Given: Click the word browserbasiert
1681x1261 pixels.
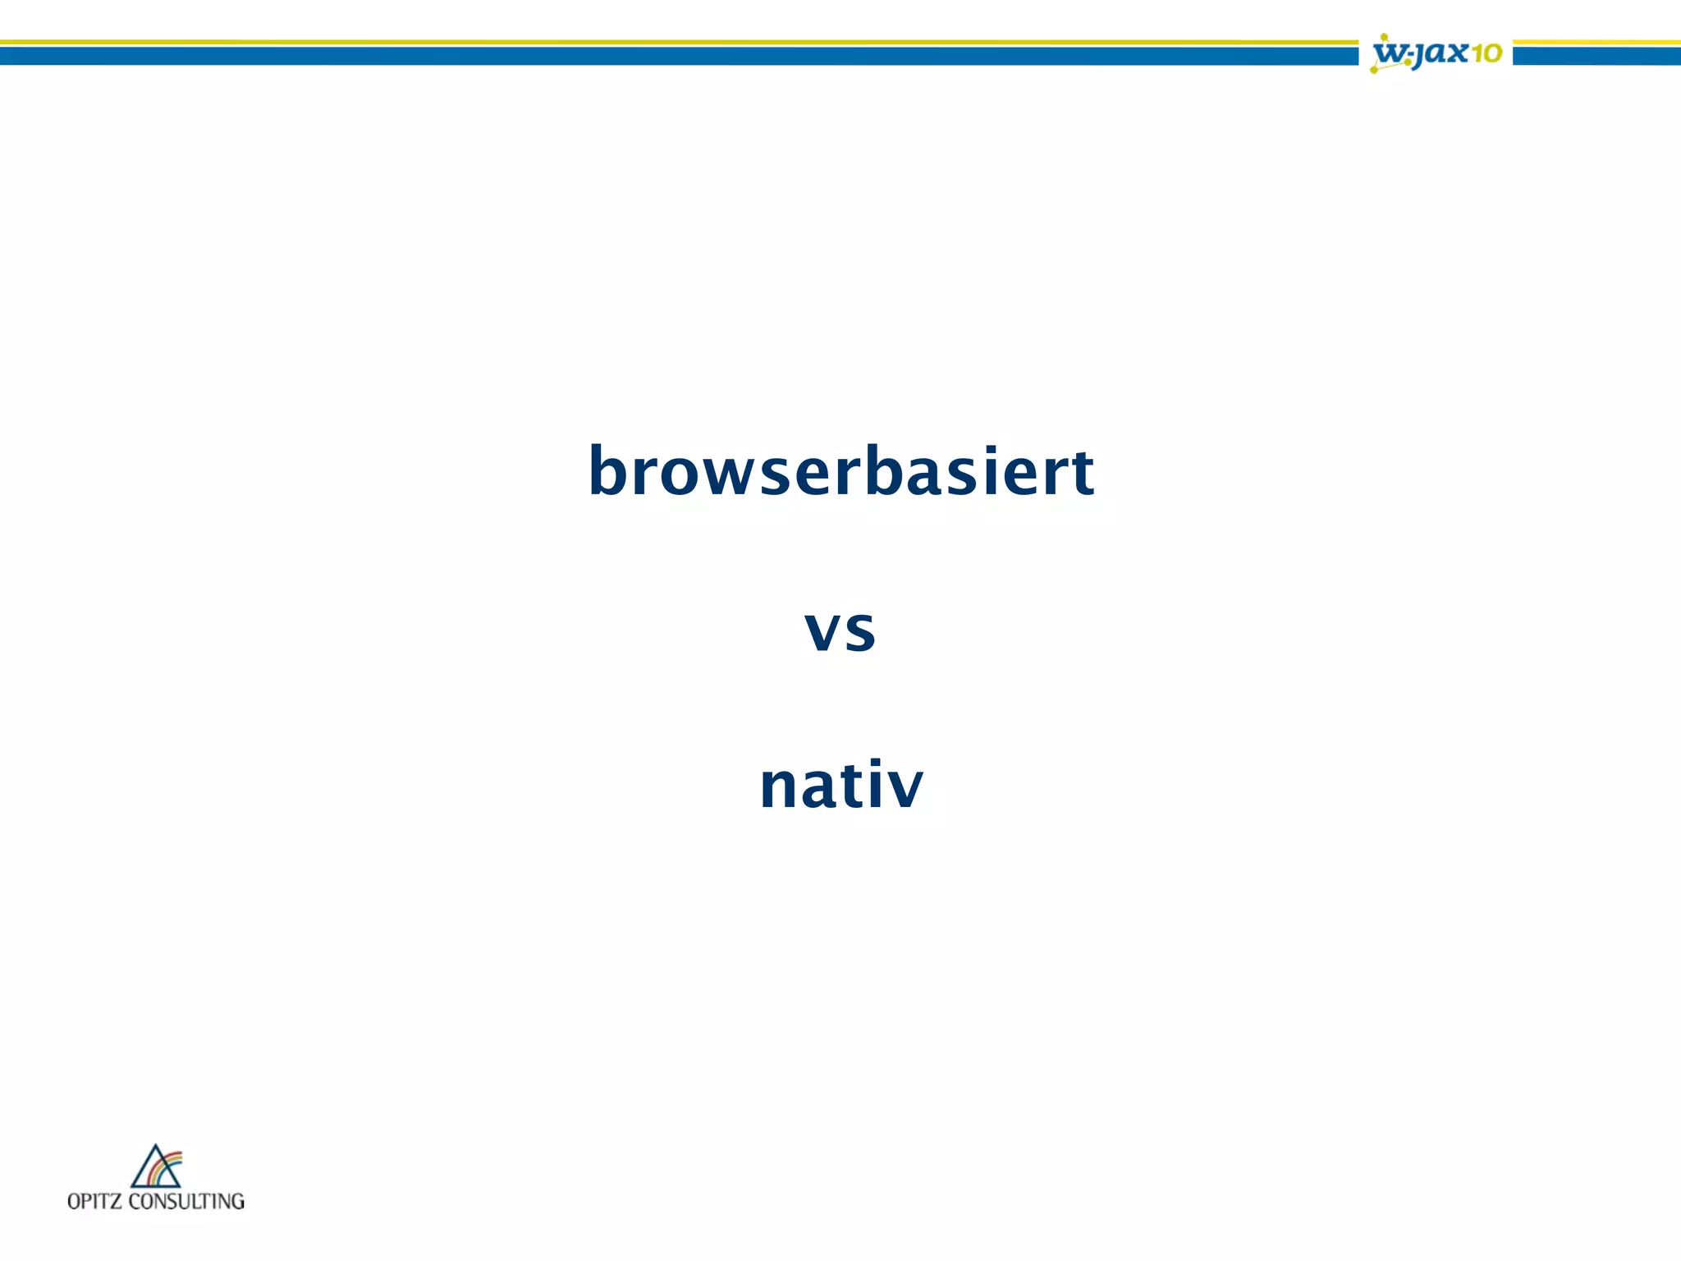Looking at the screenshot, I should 840,472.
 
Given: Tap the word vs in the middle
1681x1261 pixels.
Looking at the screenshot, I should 840,630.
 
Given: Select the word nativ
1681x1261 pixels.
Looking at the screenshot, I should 841,786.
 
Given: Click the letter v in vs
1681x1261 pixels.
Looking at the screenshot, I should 823,631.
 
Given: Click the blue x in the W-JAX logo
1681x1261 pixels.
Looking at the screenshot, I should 1455,53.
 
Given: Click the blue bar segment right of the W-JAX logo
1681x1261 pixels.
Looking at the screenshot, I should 1596,56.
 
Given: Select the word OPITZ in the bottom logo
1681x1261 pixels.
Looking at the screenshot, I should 94,1202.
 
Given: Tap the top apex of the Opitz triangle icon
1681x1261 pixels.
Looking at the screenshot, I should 156,1147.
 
